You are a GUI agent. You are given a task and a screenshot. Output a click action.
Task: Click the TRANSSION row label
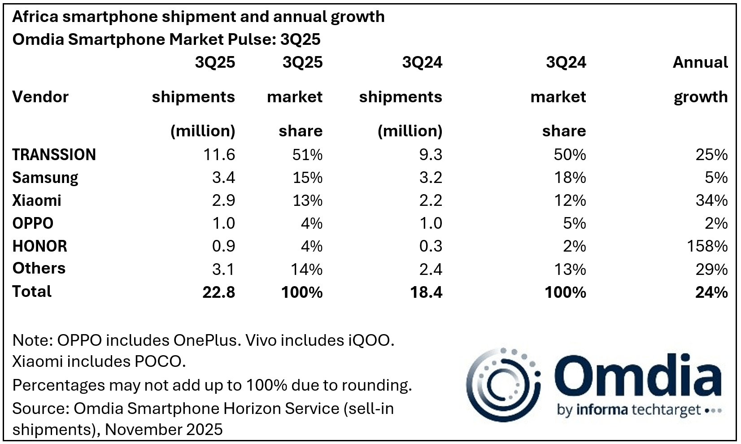point(54,155)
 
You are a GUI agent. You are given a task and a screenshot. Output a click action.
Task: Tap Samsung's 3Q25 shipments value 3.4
point(223,178)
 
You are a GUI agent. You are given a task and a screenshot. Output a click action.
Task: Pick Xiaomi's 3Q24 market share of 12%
point(570,200)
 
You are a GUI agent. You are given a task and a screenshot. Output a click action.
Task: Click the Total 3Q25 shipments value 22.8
point(218,292)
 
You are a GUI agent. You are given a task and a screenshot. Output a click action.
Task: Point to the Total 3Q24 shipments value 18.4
point(426,292)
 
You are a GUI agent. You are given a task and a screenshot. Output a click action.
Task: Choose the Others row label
point(39,269)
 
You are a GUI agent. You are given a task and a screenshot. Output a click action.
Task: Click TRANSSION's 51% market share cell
point(307,155)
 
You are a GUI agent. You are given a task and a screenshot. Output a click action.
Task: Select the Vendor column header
point(40,97)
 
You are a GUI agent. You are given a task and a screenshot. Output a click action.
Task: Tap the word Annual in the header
point(700,62)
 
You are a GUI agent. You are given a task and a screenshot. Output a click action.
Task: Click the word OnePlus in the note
point(205,340)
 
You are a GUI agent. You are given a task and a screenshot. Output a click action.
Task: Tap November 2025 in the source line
point(164,430)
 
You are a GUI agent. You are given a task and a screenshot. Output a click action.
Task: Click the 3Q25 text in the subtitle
point(300,39)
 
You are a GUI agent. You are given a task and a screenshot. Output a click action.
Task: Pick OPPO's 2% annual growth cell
point(716,223)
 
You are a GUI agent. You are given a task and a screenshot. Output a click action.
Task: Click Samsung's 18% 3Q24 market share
point(570,178)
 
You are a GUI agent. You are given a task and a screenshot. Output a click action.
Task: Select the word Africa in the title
point(35,17)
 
